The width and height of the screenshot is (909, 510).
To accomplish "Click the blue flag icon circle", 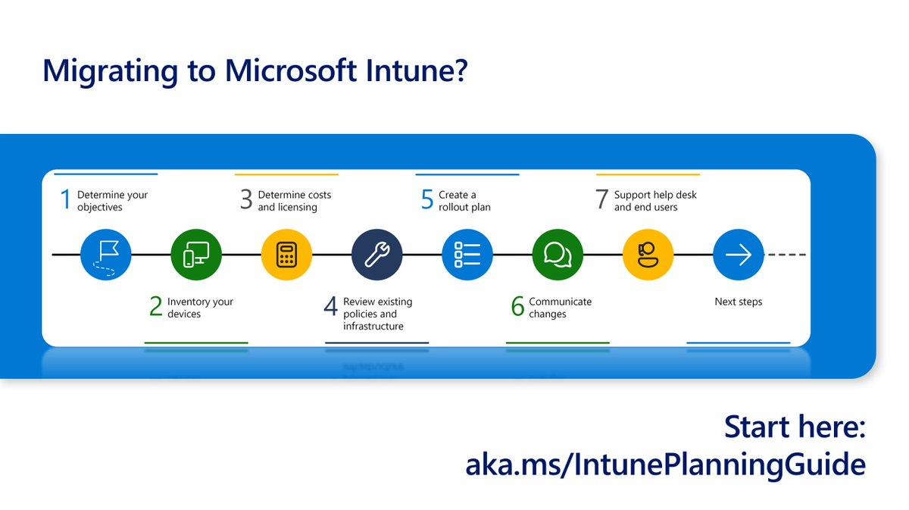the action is click(x=106, y=255).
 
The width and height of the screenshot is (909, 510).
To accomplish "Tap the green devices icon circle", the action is click(x=196, y=255).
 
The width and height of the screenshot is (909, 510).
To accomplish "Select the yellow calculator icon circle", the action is click(x=286, y=255).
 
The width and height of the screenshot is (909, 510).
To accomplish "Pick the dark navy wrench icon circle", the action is click(x=377, y=255).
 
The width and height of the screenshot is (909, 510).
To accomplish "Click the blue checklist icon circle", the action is click(x=467, y=255).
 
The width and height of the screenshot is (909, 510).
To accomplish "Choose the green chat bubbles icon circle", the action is click(x=558, y=255).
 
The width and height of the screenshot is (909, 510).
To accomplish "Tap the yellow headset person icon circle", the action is click(x=648, y=255).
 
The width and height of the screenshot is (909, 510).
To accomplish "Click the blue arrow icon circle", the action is click(x=738, y=255).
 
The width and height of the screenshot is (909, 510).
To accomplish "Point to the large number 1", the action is click(x=65, y=200).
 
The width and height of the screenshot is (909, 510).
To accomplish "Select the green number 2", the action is click(x=156, y=307).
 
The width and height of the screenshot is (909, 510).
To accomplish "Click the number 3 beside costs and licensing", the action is click(x=246, y=200).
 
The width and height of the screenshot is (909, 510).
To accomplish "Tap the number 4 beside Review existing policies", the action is click(x=330, y=307).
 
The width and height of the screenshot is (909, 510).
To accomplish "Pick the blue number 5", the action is click(x=427, y=200).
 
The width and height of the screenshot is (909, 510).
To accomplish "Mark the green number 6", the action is click(x=517, y=307).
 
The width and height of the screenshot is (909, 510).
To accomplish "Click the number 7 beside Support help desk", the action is click(x=602, y=200).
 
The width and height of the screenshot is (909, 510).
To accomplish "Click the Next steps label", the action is click(x=739, y=302).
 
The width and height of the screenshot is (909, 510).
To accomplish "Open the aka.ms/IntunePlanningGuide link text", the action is click(x=665, y=465).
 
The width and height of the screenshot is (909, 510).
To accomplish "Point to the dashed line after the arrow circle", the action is click(x=787, y=255).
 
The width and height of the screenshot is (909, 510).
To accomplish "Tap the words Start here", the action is click(x=795, y=427).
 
